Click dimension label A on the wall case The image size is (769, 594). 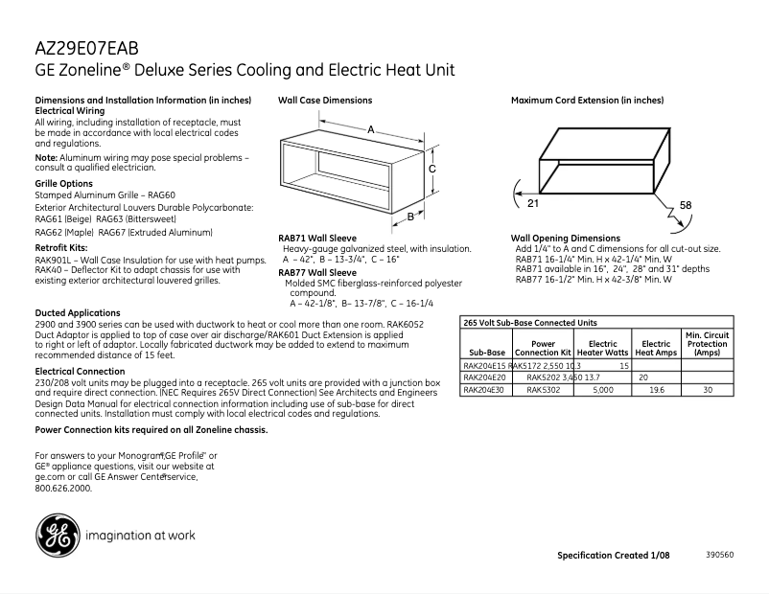[370, 128]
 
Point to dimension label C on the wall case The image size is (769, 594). [432, 169]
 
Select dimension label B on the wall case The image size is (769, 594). [409, 217]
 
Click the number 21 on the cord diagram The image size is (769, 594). [532, 203]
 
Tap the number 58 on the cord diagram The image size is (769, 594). [686, 205]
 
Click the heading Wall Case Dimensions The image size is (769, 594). [325, 100]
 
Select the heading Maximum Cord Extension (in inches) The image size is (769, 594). [587, 100]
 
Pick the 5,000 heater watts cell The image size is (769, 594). [602, 390]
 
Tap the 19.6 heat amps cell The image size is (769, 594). [657, 390]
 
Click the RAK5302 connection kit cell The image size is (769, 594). [543, 390]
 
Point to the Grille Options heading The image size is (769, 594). [63, 183]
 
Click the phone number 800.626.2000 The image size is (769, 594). [62, 488]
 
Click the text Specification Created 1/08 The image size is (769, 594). [614, 556]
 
